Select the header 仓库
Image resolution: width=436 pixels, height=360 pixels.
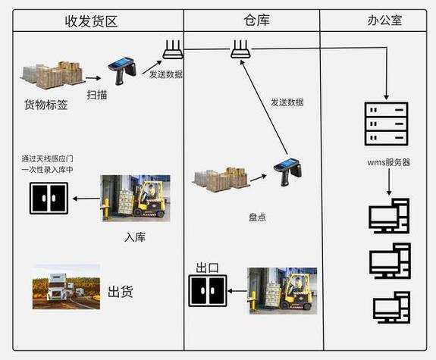[252, 20]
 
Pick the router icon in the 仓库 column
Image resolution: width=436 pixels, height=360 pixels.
[241, 52]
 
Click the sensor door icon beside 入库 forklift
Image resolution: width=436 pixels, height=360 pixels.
[49, 199]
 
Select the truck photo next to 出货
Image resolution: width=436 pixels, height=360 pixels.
[66, 286]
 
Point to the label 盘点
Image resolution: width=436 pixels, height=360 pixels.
[258, 218]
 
